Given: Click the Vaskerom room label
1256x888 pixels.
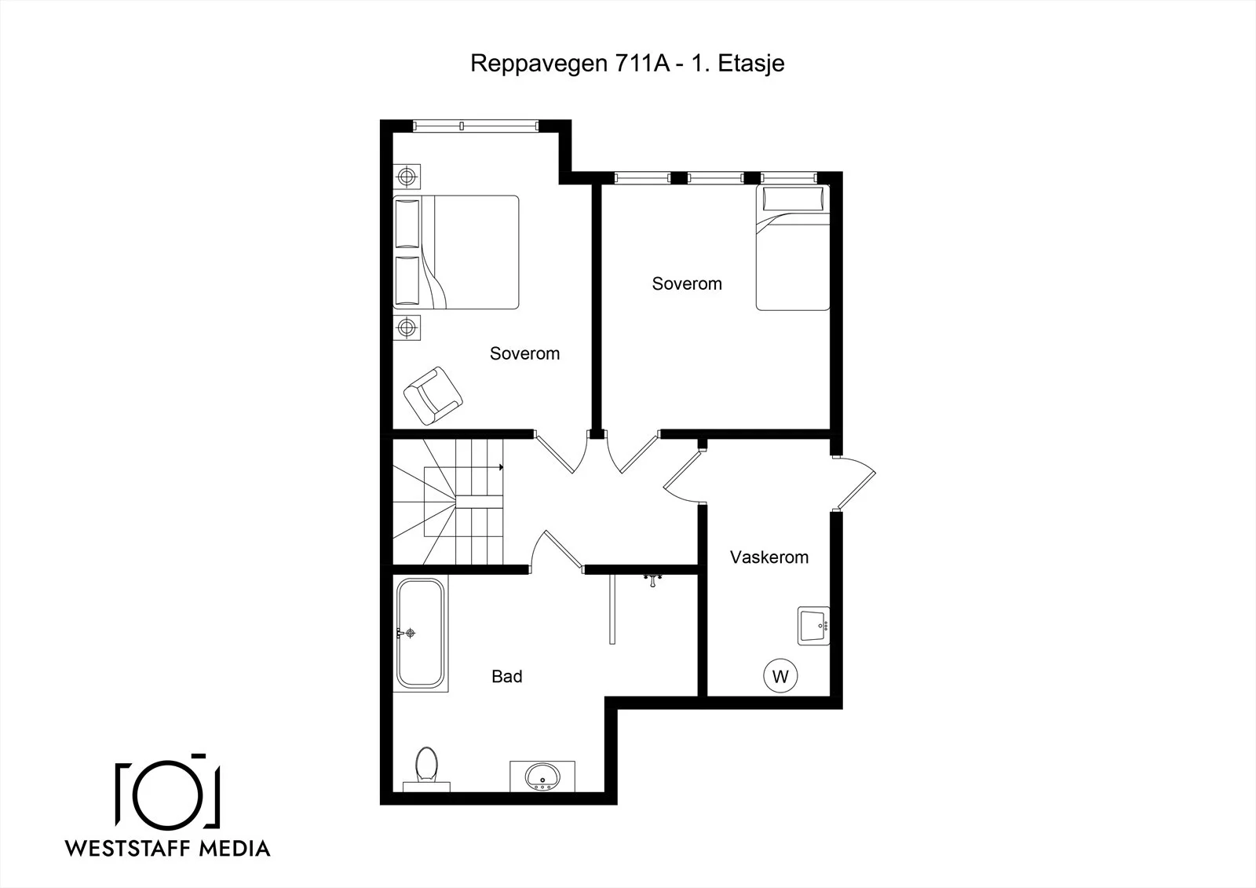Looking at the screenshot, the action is pyautogui.click(x=769, y=557).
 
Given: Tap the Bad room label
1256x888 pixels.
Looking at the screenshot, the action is pyautogui.click(x=507, y=677).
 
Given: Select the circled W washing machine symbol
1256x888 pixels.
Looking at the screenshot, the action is pyautogui.click(x=780, y=676).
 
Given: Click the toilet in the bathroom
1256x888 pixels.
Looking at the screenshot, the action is pyautogui.click(x=426, y=768).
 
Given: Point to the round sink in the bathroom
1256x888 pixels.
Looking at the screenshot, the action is pyautogui.click(x=542, y=777).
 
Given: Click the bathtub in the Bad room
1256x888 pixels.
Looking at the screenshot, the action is pyautogui.click(x=421, y=634).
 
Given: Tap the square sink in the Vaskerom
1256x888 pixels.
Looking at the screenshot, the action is pyautogui.click(x=813, y=626).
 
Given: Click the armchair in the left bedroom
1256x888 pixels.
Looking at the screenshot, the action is pyautogui.click(x=433, y=396).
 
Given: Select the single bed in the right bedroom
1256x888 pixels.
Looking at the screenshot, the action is pyautogui.click(x=792, y=247).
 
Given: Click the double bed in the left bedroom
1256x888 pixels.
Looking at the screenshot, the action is pyautogui.click(x=456, y=252).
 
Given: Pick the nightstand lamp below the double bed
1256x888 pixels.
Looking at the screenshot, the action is pyautogui.click(x=407, y=327).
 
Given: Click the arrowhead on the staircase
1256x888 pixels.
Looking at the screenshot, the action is pyautogui.click(x=501, y=466).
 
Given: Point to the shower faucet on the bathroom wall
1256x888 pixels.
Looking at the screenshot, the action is pyautogui.click(x=652, y=579).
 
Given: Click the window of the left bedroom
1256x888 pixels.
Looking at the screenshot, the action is pyautogui.click(x=476, y=126).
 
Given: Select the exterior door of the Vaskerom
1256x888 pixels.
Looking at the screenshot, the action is pyautogui.click(x=855, y=483).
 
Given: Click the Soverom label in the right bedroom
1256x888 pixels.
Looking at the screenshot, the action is pyautogui.click(x=687, y=284).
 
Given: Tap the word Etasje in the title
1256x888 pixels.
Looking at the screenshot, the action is pyautogui.click(x=750, y=64).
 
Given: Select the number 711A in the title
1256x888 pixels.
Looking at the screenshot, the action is pyautogui.click(x=642, y=64).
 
